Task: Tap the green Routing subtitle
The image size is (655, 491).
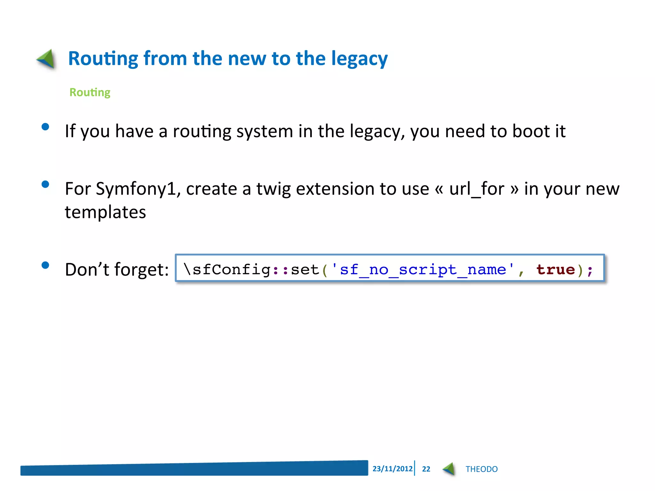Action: [90, 92]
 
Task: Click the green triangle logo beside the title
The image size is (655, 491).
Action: [47, 59]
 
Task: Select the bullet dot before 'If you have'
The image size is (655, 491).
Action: [45, 127]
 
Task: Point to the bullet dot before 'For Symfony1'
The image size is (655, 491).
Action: [45, 184]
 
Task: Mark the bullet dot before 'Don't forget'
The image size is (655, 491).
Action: [45, 265]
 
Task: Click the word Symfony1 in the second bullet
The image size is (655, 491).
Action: [136, 189]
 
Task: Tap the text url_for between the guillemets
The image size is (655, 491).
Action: [477, 189]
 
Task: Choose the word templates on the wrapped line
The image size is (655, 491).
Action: [105, 212]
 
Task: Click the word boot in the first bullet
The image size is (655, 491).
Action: [530, 131]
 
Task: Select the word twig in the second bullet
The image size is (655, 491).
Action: [273, 189]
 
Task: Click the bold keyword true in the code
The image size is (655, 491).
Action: [556, 269]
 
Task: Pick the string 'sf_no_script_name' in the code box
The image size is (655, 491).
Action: [423, 269]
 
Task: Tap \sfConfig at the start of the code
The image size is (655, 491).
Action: [227, 269]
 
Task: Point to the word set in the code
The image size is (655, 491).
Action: [305, 269]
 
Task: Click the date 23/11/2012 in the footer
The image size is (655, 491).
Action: [392, 469]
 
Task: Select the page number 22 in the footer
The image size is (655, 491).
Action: [426, 469]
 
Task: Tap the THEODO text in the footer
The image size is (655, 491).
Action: [481, 469]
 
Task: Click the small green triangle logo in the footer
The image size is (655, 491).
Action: [449, 469]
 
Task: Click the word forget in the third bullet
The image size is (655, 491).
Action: [141, 269]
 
